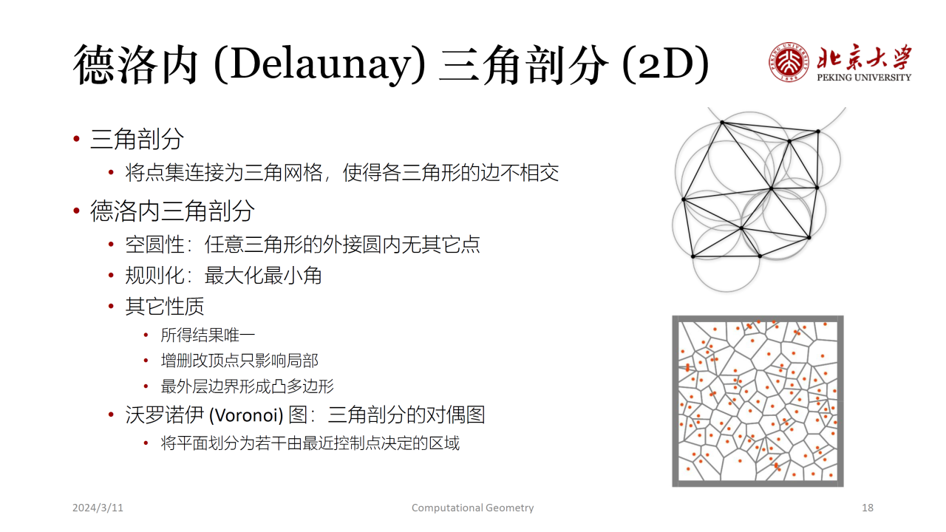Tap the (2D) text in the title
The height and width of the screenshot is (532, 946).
665,64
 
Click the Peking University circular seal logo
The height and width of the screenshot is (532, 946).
789,61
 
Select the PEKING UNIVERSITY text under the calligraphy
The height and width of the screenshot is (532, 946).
864,78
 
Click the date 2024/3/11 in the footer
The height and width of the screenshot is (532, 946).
98,508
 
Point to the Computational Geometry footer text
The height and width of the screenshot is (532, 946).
472,508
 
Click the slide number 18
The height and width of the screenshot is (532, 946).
868,508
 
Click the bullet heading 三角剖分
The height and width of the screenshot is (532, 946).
137,139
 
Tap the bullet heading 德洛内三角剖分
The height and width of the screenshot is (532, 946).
172,211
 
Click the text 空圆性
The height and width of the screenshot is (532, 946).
154,245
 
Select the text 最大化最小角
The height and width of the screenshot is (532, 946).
263,276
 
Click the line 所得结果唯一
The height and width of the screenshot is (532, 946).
208,335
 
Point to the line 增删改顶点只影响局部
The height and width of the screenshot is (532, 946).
239,361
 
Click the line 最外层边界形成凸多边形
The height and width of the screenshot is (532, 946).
247,386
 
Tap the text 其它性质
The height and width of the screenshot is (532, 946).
165,307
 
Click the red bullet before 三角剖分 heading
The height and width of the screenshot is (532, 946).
76,139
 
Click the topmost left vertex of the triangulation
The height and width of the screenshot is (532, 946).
722,123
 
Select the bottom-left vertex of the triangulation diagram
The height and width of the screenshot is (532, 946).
693,256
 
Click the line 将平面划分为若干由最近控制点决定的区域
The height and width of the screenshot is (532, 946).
310,443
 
